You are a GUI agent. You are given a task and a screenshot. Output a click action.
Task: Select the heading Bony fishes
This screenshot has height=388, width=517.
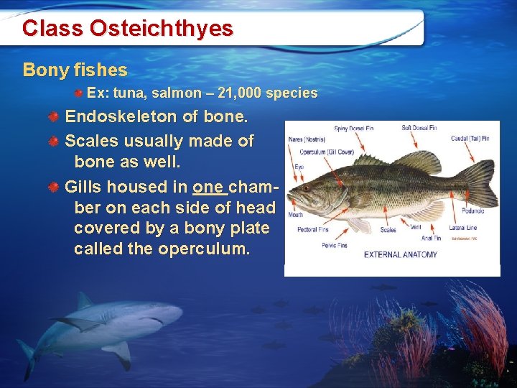coord(75,70)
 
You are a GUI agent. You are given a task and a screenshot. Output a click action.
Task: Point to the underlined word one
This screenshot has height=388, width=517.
coord(209,187)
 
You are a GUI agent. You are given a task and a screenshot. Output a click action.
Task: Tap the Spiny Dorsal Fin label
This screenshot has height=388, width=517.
coord(354,129)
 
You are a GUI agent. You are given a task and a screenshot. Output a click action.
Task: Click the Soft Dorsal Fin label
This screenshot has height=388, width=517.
coord(419,128)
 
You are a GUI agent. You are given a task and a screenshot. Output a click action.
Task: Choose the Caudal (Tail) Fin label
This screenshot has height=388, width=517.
coord(470,138)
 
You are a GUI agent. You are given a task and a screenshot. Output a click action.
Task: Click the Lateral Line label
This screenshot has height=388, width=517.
coord(463,228)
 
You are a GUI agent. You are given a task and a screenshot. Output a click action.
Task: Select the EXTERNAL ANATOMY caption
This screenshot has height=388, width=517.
coord(401,254)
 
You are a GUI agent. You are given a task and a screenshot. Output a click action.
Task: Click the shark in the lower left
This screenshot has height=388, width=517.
coord(108,323)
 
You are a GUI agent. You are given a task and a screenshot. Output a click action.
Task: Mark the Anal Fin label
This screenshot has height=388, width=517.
coord(432,238)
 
